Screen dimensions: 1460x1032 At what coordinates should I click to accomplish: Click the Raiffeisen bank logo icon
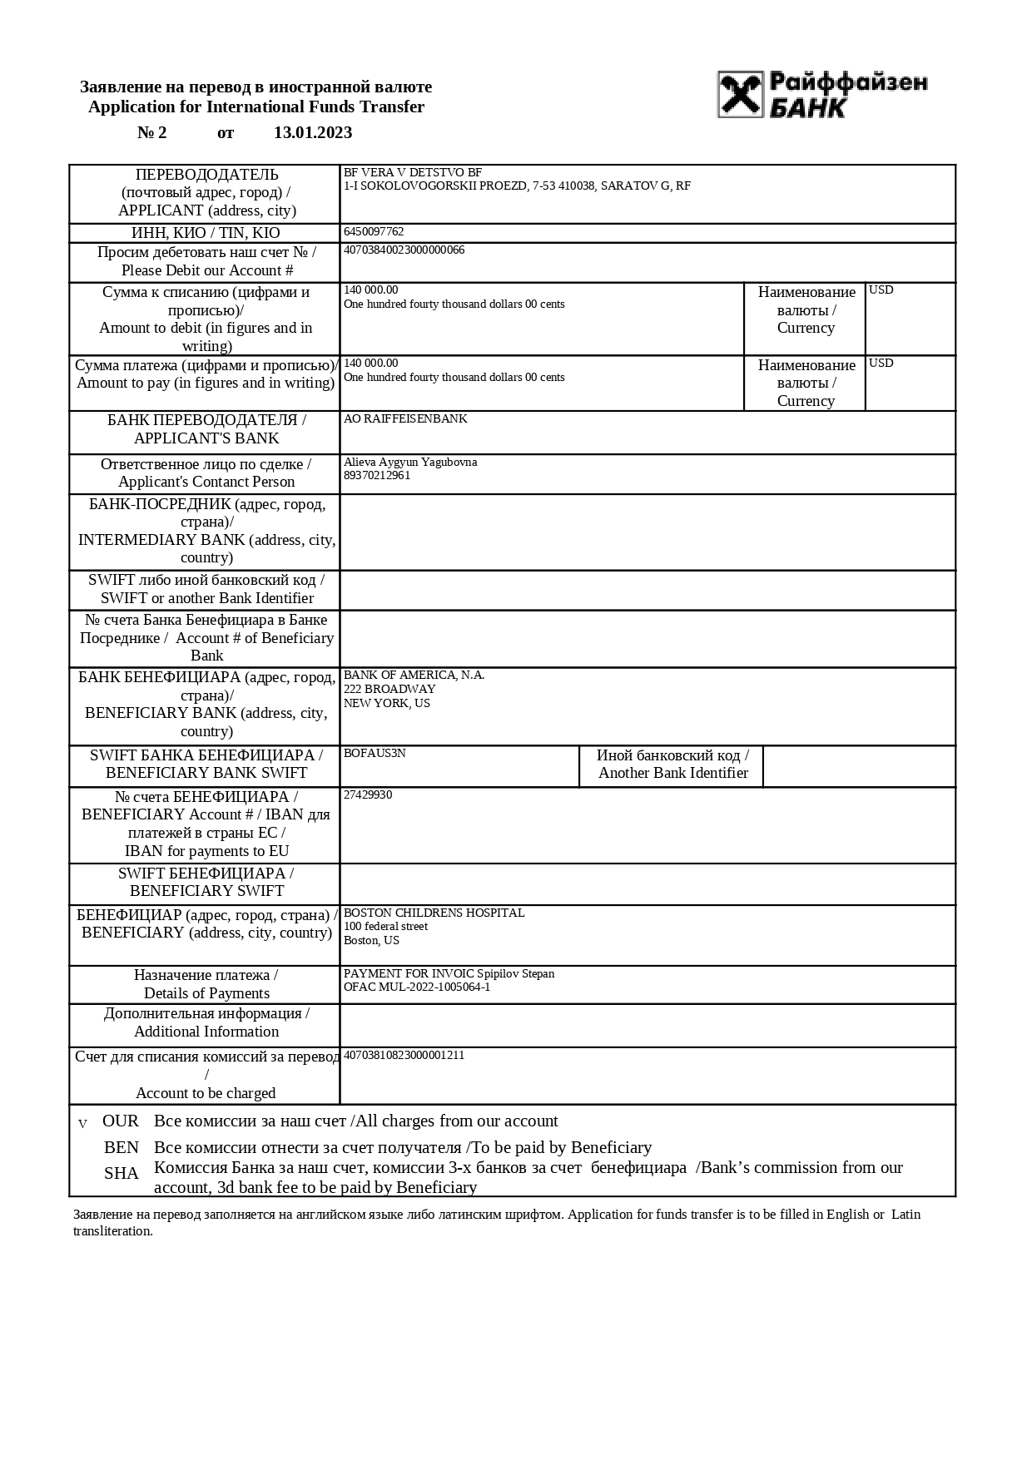coord(740,93)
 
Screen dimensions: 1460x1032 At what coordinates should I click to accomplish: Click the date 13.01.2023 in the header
coord(313,133)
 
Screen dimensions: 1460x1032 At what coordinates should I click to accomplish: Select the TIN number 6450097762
coord(374,232)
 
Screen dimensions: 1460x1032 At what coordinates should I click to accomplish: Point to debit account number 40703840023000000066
coord(404,250)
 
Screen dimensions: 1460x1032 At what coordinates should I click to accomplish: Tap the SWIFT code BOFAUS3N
coord(375,754)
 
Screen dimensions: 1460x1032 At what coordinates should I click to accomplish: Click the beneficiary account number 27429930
coord(368,795)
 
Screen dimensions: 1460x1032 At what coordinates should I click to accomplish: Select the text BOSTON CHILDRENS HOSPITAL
coord(434,913)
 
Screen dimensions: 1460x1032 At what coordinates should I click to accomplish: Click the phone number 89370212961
coord(377,476)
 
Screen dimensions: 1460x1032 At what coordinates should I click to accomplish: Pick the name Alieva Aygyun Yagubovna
coord(410,463)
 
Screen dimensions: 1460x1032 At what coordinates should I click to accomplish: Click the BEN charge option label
coord(122,1148)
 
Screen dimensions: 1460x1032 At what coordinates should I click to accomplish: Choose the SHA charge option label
coord(122,1174)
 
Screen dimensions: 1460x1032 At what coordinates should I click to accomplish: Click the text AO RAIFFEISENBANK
coord(405,419)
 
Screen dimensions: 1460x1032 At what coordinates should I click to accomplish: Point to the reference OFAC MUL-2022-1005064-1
coord(417,987)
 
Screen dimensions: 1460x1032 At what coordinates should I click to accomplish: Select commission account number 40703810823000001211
coord(404,1056)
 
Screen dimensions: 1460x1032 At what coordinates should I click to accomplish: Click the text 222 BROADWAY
coord(389,690)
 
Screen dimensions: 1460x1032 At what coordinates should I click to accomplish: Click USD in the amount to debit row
coord(881,290)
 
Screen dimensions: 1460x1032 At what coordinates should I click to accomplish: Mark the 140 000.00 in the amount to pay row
coord(371,364)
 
